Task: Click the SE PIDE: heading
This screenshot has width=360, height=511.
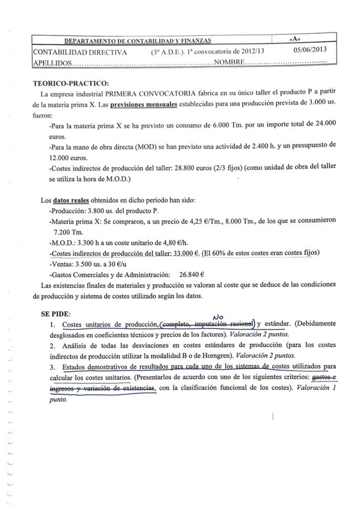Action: [x=55, y=314]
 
